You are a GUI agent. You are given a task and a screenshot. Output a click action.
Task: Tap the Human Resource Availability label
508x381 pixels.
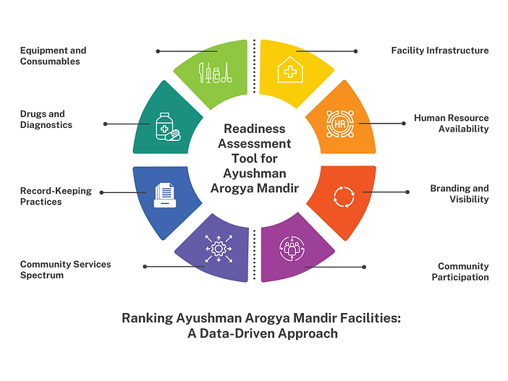[x=451, y=123]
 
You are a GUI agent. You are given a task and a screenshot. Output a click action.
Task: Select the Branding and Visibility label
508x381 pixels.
[x=459, y=194]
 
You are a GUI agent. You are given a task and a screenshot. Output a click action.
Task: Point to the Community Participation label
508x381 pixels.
[x=463, y=272]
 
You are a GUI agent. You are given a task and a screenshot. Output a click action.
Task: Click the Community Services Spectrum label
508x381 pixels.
[x=65, y=270]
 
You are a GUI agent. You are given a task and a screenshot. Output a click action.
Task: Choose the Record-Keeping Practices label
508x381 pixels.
[x=56, y=196]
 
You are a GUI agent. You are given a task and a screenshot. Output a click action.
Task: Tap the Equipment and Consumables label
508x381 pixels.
[x=53, y=56]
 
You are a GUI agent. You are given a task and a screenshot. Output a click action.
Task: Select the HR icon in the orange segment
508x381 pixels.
[x=339, y=124]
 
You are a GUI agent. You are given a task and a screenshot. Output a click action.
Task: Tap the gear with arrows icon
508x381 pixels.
[x=218, y=248]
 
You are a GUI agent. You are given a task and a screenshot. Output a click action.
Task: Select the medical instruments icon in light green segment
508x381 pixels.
[x=216, y=72]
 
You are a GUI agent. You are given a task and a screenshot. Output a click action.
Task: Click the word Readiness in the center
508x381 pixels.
[x=253, y=129]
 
